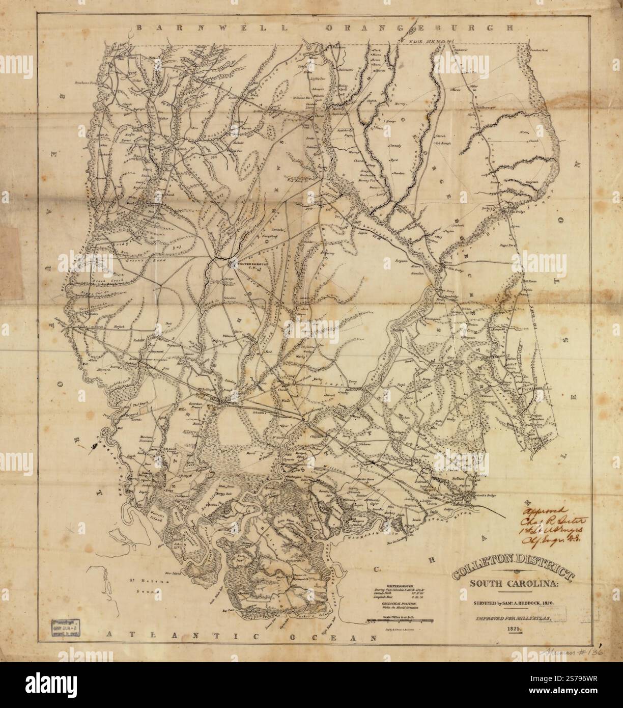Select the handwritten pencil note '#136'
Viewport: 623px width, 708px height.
tap(586, 652)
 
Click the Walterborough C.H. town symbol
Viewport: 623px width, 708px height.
tap(231, 263)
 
